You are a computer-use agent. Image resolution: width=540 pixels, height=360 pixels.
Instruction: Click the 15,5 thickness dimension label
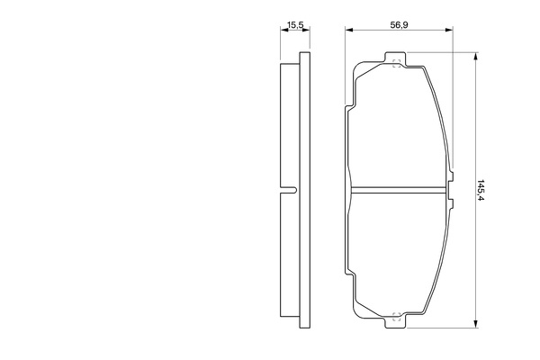[x=295, y=25]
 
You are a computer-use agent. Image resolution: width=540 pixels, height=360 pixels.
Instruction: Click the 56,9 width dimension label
[x=399, y=25]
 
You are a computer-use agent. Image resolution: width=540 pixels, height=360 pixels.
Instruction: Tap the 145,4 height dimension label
[x=481, y=190]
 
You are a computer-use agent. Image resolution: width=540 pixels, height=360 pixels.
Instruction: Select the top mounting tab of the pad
[x=395, y=59]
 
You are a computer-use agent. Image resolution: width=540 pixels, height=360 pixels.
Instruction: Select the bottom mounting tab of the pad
[x=395, y=320]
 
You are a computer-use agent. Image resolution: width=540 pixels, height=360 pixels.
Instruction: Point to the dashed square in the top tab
[x=396, y=63]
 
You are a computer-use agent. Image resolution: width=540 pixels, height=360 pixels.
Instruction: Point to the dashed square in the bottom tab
[x=396, y=316]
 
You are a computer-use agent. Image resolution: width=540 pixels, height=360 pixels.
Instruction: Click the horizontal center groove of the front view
[x=398, y=190]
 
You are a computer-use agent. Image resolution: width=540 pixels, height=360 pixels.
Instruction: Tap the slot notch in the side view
[x=288, y=190]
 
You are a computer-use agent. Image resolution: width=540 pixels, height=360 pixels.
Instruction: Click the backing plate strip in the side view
[x=305, y=190]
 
